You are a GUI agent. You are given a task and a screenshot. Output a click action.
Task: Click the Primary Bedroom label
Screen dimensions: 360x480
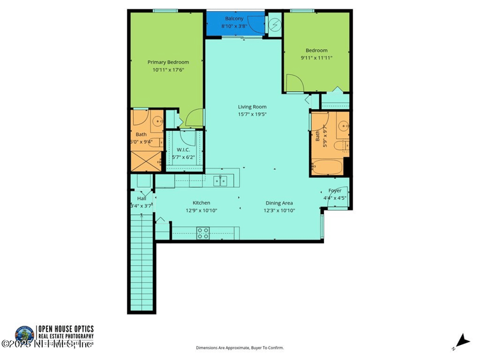(168, 62)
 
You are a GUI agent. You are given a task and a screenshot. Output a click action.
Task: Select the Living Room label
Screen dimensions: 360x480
(252, 107)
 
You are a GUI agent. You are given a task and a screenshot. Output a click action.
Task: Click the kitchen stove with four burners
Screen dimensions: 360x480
(203, 233)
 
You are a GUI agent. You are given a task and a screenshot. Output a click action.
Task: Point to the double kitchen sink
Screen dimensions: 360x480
(221, 180)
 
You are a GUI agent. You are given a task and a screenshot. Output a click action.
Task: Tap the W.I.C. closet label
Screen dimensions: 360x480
(182, 149)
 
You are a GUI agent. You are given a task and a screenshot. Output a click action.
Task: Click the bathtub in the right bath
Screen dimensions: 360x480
(327, 166)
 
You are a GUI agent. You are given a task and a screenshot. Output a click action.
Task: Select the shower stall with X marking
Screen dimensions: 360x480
(145, 160)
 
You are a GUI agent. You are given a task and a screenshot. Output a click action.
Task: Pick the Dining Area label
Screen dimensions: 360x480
(279, 203)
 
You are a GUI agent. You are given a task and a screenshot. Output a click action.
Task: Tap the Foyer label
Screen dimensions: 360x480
(335, 190)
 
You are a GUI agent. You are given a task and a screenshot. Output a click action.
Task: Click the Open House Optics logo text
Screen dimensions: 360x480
(65, 332)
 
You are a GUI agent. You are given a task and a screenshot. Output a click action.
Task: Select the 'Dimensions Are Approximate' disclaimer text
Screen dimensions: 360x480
(240, 348)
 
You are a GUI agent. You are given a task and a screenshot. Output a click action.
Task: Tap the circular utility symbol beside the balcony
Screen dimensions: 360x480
(275, 25)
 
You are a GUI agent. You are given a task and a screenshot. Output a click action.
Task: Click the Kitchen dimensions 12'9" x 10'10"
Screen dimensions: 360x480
(201, 211)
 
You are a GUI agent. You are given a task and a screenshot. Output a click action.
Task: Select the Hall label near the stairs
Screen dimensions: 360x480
(142, 198)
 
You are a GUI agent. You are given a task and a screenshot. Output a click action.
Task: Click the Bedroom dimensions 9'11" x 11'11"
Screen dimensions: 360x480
(316, 58)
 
